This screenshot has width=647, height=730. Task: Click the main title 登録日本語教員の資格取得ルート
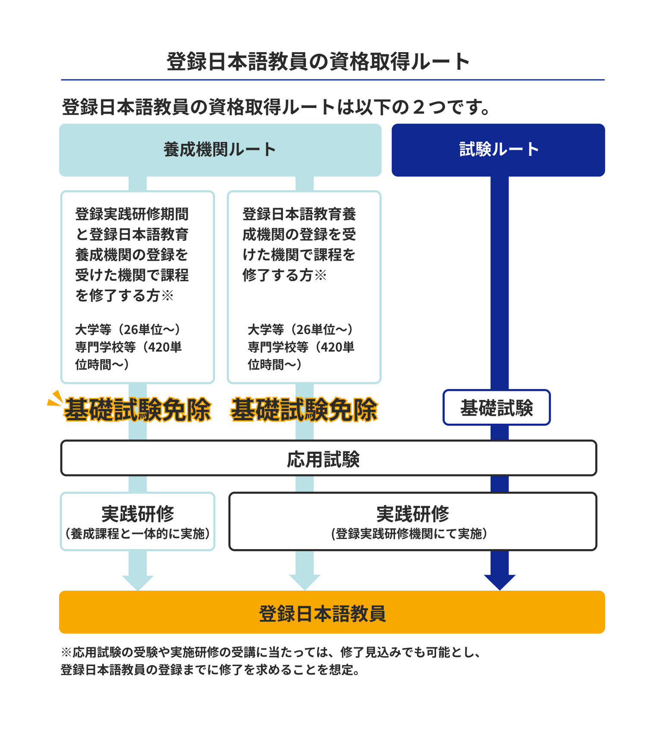[x=318, y=62]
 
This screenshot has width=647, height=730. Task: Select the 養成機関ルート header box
[x=220, y=150]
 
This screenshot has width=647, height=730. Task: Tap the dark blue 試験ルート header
[x=498, y=150]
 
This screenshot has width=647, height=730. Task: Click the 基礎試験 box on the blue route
[x=496, y=408]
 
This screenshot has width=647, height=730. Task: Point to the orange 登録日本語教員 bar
[x=331, y=613]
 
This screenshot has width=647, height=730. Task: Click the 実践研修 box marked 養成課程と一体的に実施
[x=138, y=521]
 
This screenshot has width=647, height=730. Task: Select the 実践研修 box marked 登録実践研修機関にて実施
[x=412, y=521]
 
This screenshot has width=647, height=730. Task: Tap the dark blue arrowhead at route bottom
[x=499, y=582]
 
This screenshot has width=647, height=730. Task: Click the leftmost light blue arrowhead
[x=138, y=582]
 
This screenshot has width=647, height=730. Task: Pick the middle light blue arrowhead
[x=305, y=582]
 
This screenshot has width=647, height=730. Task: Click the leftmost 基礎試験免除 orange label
[x=138, y=409]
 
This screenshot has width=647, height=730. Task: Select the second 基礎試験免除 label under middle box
[x=304, y=409]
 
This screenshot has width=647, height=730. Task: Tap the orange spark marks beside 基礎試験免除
[x=54, y=399]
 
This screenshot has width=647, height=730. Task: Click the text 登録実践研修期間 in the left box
[x=132, y=214]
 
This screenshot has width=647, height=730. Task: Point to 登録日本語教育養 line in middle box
[x=299, y=214]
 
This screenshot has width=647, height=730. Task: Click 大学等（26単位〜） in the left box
[x=128, y=330]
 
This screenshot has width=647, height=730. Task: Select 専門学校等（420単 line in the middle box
[x=301, y=347]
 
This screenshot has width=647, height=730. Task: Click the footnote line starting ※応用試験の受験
[x=271, y=652]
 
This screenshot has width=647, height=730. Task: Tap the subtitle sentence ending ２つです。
[x=276, y=107]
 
